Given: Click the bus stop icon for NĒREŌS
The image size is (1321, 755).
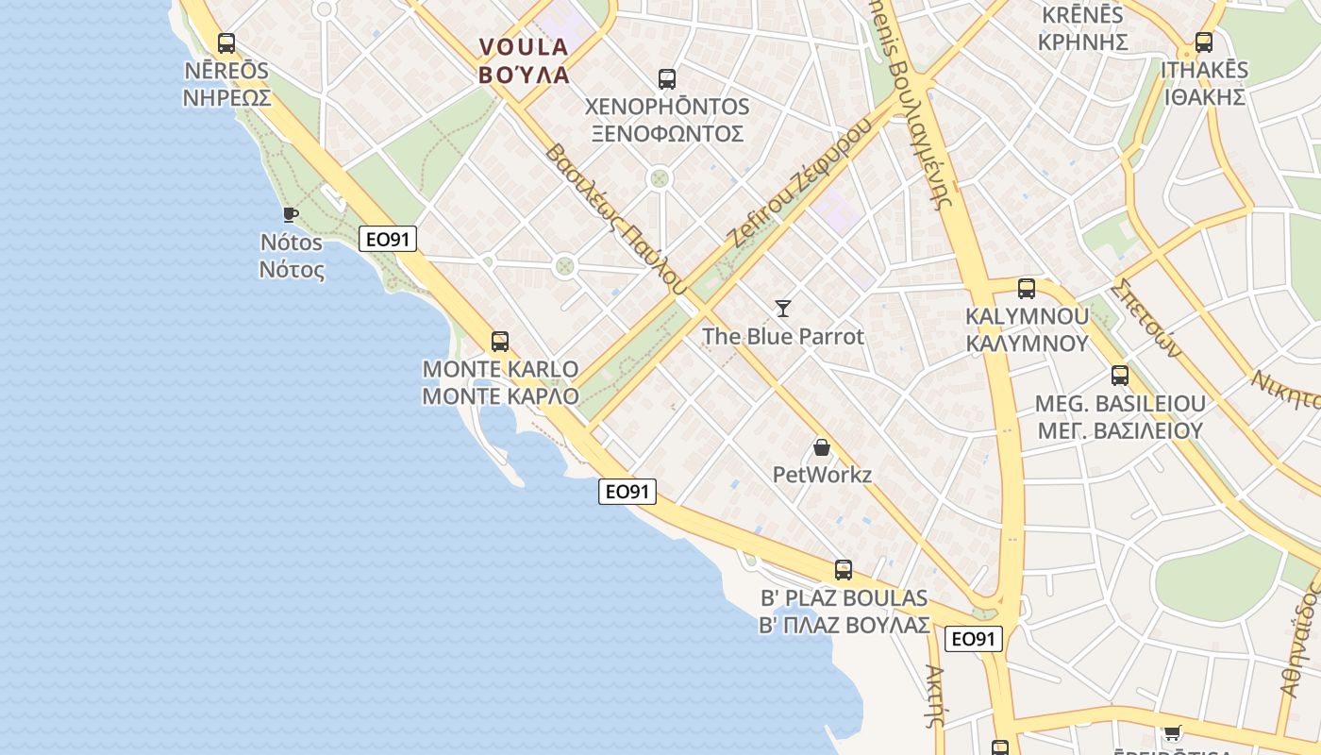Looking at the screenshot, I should (x=226, y=42).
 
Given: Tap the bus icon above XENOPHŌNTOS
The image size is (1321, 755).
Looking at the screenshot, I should (x=667, y=78).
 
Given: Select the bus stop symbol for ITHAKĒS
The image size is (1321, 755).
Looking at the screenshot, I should (x=1203, y=42).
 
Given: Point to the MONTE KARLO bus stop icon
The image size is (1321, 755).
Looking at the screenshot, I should (x=500, y=341).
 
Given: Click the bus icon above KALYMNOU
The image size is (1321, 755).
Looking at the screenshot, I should (x=1027, y=288).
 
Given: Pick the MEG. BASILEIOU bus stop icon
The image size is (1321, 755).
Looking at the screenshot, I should (x=1120, y=375).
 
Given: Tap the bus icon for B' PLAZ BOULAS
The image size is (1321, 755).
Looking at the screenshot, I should (x=844, y=569).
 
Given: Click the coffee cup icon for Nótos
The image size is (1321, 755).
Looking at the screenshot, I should (x=291, y=214).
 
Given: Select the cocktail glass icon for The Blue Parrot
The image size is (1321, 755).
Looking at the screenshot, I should (x=783, y=308).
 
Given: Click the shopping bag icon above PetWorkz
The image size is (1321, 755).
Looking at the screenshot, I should (x=822, y=446).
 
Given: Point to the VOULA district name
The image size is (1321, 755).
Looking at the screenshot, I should (x=524, y=47).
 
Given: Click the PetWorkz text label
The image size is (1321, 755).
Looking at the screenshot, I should (x=822, y=475).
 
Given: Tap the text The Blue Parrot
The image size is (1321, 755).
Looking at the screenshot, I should (x=782, y=337).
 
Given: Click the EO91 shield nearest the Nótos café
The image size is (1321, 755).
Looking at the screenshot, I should (x=388, y=240).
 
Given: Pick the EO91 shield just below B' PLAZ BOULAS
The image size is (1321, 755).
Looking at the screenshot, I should (x=973, y=639).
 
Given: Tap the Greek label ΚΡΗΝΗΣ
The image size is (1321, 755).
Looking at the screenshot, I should (x=1082, y=42).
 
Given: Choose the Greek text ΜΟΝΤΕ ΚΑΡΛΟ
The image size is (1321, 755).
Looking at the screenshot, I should (x=500, y=396).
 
